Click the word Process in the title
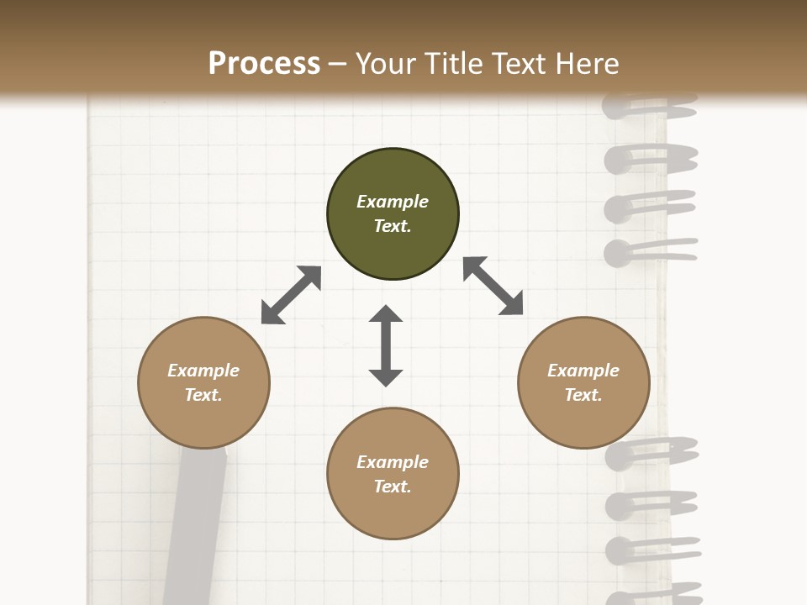pyautogui.click(x=264, y=64)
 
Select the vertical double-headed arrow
pyautogui.click(x=386, y=346)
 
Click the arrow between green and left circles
pyautogui.click(x=291, y=295)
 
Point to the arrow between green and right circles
pyautogui.click(x=493, y=286)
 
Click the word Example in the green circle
pyautogui.click(x=393, y=202)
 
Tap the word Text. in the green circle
pyautogui.click(x=393, y=226)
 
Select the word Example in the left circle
pyautogui.click(x=203, y=371)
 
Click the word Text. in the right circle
pyautogui.click(x=583, y=395)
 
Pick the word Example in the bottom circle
pyautogui.click(x=393, y=462)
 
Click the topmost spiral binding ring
pyautogui.click(x=649, y=109)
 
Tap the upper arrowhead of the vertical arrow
pyautogui.click(x=386, y=315)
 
